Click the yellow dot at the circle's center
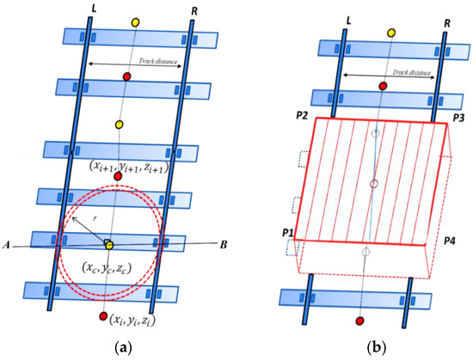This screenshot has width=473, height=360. (x=109, y=247)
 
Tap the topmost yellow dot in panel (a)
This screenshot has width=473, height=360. (x=133, y=21)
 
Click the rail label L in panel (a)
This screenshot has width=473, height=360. (x=92, y=8)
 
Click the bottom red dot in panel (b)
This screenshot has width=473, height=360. (x=359, y=320)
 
